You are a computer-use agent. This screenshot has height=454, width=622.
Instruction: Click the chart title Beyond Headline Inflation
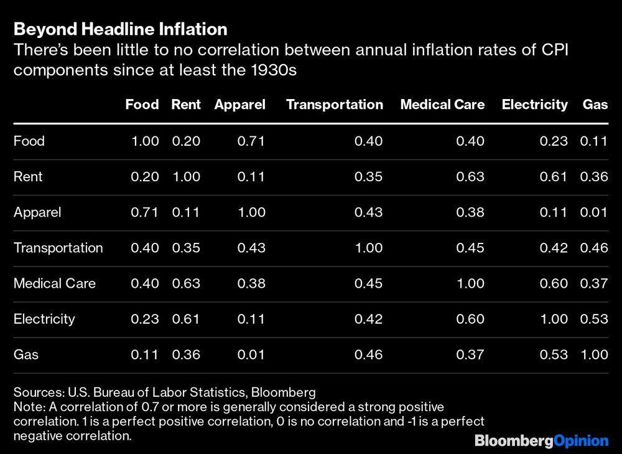[120, 29]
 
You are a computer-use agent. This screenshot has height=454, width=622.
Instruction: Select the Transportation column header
[334, 105]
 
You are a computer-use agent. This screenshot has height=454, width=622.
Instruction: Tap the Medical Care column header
[442, 105]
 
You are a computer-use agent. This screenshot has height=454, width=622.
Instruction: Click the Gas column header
[595, 105]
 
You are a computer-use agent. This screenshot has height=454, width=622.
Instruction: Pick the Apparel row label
[37, 212]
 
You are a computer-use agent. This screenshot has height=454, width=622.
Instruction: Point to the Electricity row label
[44, 319]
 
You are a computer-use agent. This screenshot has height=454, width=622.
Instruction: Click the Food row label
[29, 141]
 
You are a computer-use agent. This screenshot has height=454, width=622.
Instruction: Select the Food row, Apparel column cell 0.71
[251, 141]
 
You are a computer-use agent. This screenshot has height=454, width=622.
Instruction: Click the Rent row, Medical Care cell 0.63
[470, 177]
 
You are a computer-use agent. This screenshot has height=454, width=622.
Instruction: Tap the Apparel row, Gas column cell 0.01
[593, 212]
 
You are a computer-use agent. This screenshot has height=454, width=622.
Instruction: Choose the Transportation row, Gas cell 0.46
[593, 248]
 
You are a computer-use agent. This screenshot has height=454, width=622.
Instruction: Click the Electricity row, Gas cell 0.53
[593, 319]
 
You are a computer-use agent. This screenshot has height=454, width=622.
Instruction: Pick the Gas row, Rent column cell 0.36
[186, 354]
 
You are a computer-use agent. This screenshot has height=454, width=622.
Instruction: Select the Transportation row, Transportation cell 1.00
[368, 248]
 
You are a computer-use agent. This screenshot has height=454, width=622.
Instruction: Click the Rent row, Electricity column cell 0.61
[553, 177]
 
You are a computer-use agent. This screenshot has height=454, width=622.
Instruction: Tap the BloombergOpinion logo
[541, 441]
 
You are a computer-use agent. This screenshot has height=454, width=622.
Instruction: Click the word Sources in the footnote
[35, 392]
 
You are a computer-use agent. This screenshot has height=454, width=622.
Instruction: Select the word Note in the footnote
[26, 407]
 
